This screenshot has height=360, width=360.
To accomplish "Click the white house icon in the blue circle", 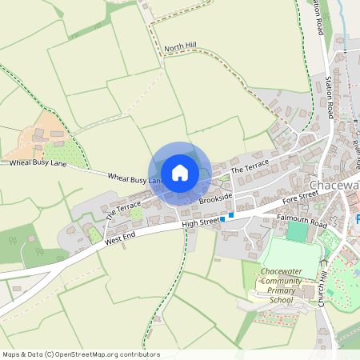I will tap(179, 172).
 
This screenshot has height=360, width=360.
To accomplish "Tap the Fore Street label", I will tap(300, 193).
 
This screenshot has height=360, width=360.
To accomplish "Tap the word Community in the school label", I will tap(286, 282).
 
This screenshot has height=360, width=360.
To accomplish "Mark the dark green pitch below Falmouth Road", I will tap(297, 232).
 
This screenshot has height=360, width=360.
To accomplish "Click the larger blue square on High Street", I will tap(231, 214).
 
